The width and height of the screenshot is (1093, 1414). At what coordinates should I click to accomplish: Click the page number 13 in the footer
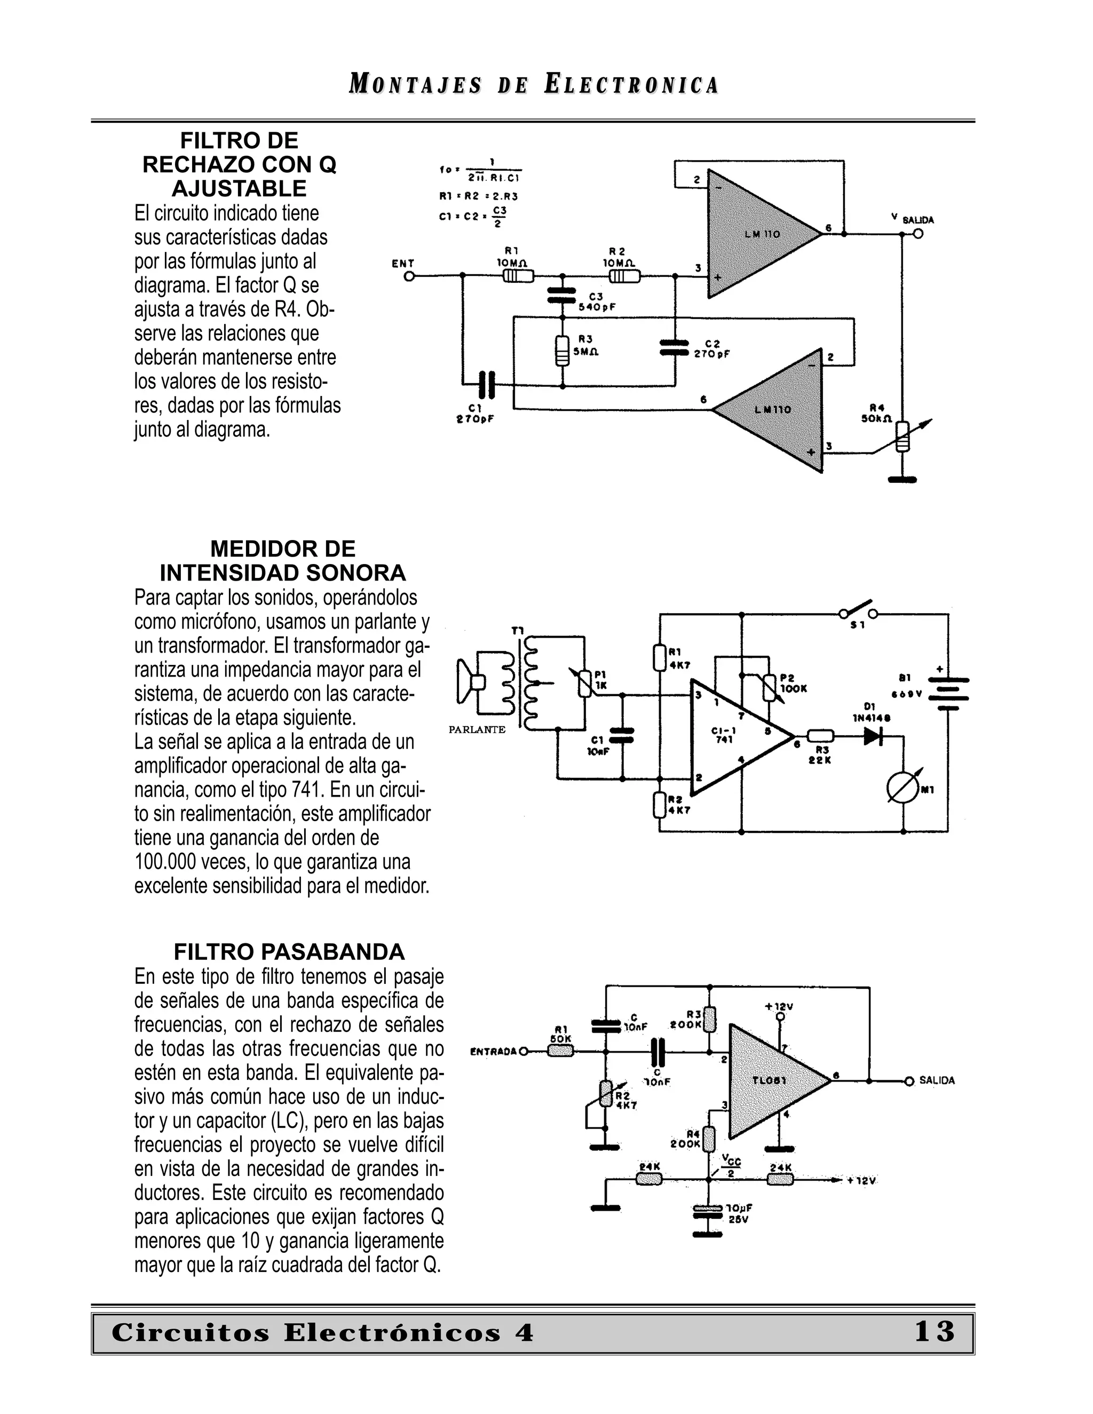coord(934,1332)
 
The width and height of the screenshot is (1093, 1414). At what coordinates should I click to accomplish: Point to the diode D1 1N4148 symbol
coord(874,736)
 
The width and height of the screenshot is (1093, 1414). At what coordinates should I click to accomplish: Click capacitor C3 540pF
coord(561,295)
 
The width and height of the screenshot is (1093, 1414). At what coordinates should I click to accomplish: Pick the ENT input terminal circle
coord(409,276)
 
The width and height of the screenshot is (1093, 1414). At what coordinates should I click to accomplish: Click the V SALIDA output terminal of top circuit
coord(917,234)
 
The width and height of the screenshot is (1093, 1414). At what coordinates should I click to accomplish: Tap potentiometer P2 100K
coord(769,688)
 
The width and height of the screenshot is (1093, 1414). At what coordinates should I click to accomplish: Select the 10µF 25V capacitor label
coord(739,1213)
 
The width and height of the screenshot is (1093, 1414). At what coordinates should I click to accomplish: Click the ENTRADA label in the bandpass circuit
coord(494,1052)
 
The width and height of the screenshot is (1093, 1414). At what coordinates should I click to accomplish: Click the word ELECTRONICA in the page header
coord(631,85)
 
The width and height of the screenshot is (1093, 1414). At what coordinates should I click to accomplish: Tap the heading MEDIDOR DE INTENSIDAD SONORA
coord(283,561)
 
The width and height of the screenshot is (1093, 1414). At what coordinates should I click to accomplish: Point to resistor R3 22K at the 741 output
coord(820,736)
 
